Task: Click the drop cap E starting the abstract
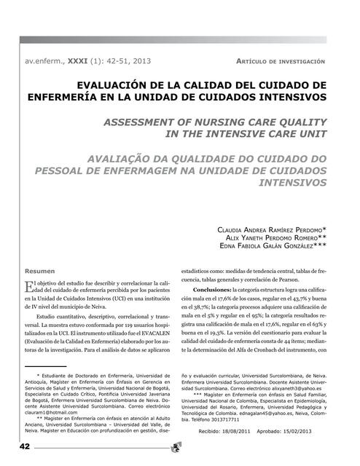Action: (28, 286)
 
